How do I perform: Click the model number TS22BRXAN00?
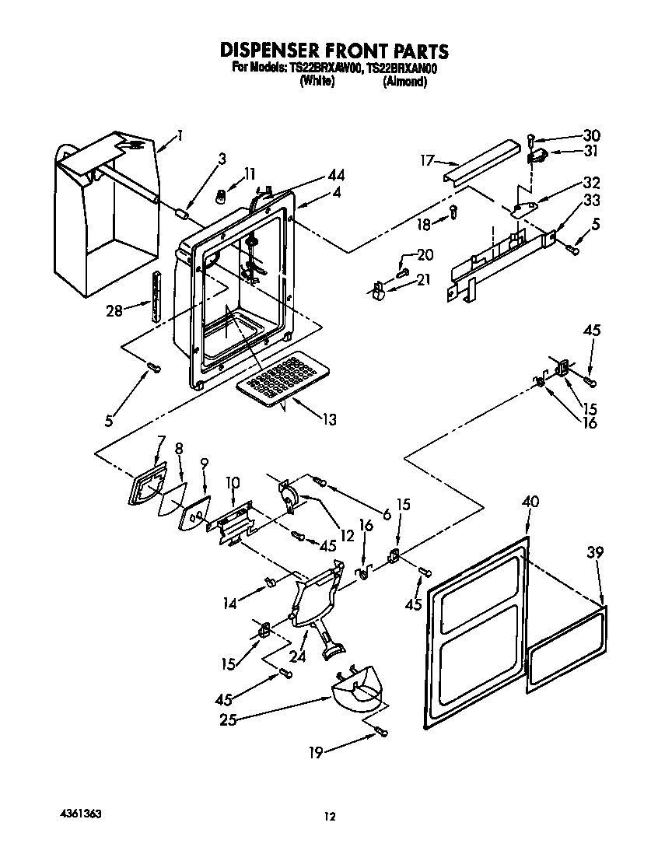[402, 68]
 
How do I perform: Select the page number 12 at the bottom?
[331, 816]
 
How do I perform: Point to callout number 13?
[329, 420]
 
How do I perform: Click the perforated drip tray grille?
[284, 379]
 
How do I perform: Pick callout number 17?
[426, 161]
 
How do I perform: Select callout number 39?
[595, 553]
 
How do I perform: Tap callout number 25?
[228, 720]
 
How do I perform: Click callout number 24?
[298, 656]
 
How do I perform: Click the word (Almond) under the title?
[404, 82]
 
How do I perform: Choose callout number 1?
[180, 135]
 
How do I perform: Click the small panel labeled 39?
[565, 649]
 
